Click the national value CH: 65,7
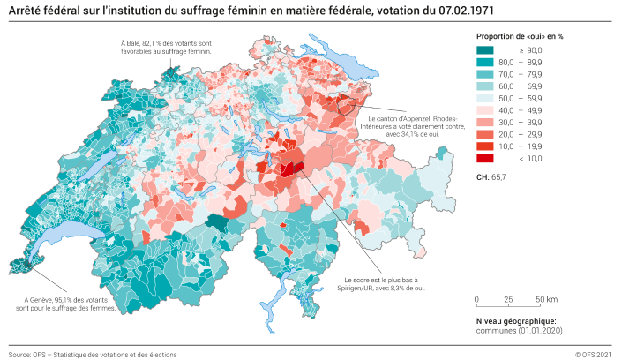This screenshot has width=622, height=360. point(491,178)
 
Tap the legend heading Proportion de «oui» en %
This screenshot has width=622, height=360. point(519,36)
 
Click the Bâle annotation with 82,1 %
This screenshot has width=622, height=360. point(167,47)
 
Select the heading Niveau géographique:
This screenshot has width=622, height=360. point(515,320)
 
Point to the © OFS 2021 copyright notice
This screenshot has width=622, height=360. point(592,354)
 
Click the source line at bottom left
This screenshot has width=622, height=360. point(93,354)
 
